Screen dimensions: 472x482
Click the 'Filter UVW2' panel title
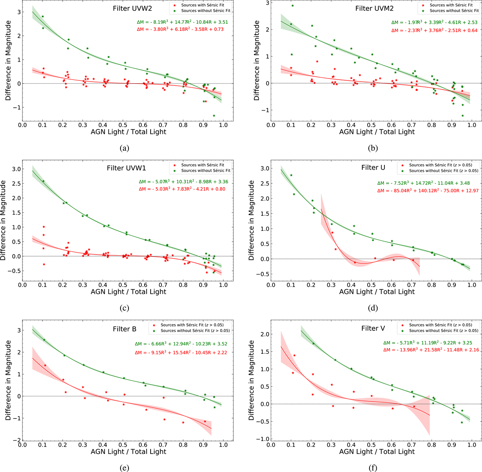(x=132, y=8)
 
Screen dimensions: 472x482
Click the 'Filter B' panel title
(x=125, y=329)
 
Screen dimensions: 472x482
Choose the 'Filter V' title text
(x=373, y=328)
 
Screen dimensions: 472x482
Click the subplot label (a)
(x=124, y=148)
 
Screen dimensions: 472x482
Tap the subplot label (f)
(x=373, y=468)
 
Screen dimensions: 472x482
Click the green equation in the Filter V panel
(x=427, y=343)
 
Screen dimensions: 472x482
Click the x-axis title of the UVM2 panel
(x=377, y=131)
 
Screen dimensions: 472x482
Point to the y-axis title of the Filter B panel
(x=8, y=380)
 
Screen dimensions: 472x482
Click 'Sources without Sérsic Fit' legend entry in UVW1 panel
(x=202, y=170)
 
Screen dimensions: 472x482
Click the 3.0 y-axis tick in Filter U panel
(x=263, y=168)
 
